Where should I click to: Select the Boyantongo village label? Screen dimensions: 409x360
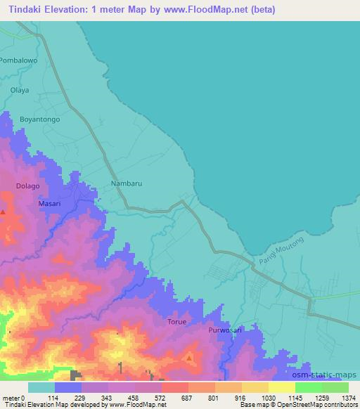point(40,119)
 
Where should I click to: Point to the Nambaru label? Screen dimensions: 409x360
point(127,183)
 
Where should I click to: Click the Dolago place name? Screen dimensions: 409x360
point(27,186)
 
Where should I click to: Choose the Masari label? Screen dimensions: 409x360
point(49,203)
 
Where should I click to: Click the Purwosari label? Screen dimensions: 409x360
point(225,329)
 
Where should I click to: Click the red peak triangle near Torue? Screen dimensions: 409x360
point(189,358)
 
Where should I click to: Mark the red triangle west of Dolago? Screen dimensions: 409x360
point(4,212)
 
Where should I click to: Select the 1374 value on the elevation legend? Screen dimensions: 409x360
point(349,397)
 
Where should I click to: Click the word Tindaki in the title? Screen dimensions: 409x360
point(25,10)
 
